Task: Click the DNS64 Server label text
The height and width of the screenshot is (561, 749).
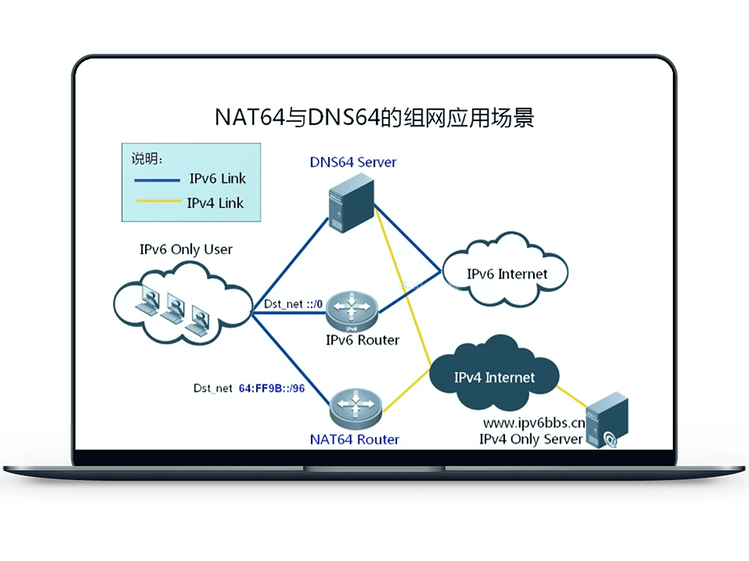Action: [x=353, y=162]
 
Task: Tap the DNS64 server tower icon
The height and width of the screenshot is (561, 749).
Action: [x=351, y=203]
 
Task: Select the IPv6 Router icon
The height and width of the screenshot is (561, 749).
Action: [x=352, y=312]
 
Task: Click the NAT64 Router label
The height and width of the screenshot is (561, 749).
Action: [x=355, y=439]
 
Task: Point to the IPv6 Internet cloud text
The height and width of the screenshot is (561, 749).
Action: [x=507, y=274]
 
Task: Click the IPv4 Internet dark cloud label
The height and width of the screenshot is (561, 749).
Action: [x=494, y=378]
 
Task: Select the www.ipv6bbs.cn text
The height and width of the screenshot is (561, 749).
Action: [x=534, y=423]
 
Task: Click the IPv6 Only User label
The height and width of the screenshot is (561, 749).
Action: [x=185, y=249]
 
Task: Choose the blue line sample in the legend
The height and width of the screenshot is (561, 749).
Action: [x=157, y=180]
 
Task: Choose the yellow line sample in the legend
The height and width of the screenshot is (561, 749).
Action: [x=158, y=201]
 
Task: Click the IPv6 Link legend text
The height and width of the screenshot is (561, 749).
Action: [x=217, y=178]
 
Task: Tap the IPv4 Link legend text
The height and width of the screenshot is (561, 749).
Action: [x=215, y=203]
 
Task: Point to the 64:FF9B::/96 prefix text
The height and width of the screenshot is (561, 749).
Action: [x=272, y=388]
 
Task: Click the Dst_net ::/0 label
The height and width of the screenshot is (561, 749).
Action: [x=293, y=304]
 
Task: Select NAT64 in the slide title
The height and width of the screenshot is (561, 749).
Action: [x=250, y=118]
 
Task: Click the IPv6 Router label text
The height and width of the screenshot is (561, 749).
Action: [x=362, y=340]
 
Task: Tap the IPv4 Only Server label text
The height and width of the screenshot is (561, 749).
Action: [x=530, y=439]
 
